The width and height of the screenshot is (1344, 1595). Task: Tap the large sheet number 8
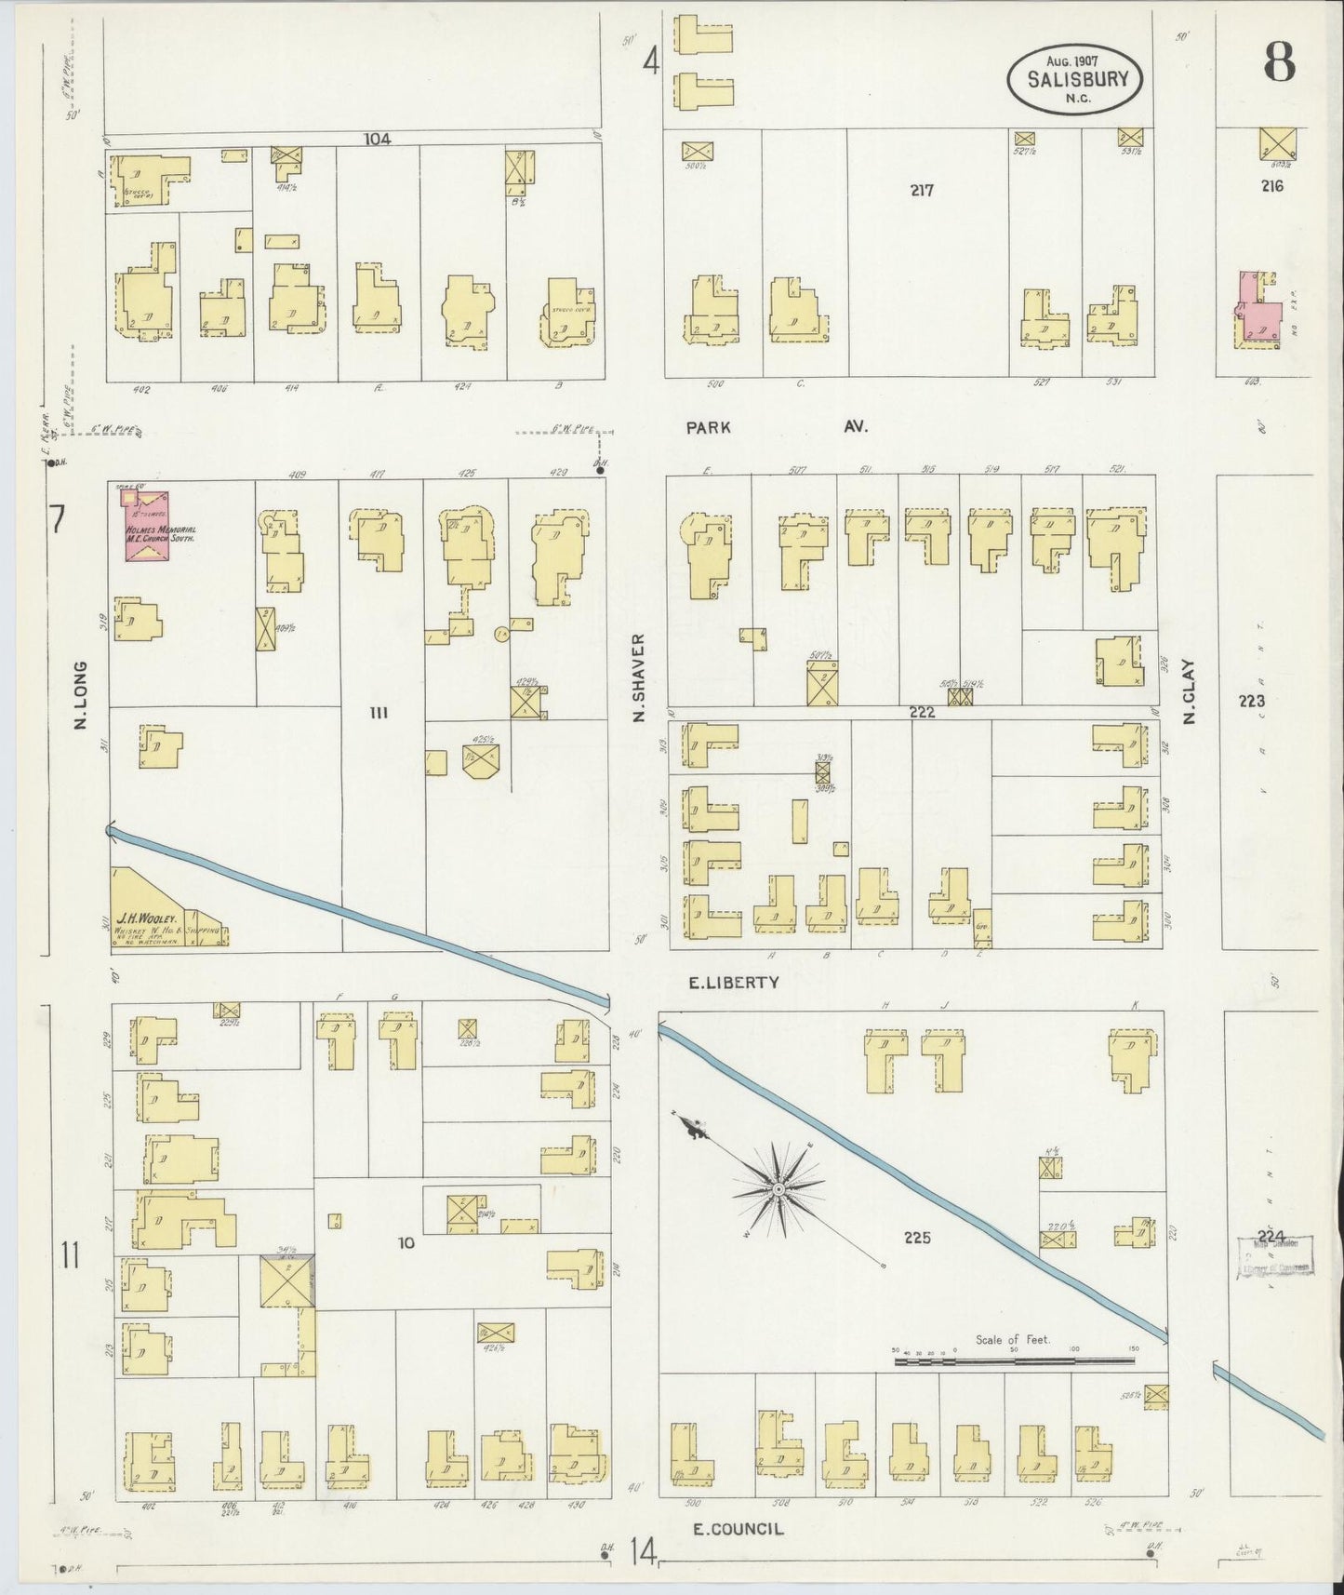tap(1279, 64)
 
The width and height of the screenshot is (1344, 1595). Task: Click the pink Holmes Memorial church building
tap(147, 527)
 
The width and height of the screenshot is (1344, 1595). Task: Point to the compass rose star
tap(778, 1189)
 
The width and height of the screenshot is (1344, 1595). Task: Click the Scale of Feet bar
tap(1014, 1360)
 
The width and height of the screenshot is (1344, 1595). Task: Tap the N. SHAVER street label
tap(638, 679)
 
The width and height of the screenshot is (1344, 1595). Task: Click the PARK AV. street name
tap(777, 427)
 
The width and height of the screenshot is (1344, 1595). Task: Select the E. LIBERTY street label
tap(733, 982)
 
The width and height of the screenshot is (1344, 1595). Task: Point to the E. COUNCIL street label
tap(739, 1528)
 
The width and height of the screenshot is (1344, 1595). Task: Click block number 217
tap(922, 190)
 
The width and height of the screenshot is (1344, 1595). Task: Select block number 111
tap(378, 714)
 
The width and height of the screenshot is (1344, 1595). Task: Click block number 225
tap(916, 1238)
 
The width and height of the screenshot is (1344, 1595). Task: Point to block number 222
tap(922, 712)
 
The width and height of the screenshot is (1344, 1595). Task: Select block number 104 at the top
tap(377, 140)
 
